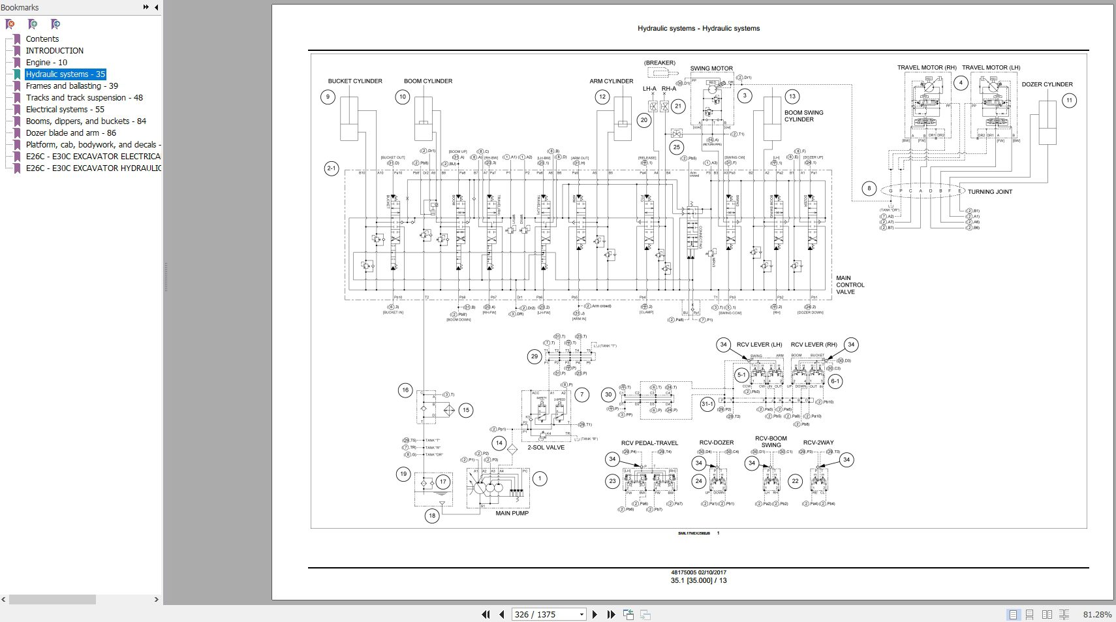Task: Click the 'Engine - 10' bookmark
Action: click(x=46, y=63)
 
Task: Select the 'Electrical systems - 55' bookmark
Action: click(x=65, y=110)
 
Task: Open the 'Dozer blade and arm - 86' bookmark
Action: click(x=70, y=133)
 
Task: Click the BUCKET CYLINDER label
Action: click(x=355, y=82)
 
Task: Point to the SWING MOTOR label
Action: click(x=711, y=69)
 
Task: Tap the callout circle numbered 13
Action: click(x=792, y=97)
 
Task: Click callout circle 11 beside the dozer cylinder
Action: click(x=1069, y=101)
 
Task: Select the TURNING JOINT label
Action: click(x=990, y=192)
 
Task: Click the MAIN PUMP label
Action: click(x=512, y=514)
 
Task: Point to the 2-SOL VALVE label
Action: click(x=546, y=448)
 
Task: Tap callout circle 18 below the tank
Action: click(x=432, y=516)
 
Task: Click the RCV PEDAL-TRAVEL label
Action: click(x=649, y=443)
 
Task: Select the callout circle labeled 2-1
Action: click(x=332, y=169)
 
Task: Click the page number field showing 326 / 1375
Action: click(x=547, y=614)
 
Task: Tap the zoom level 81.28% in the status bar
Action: click(x=1097, y=614)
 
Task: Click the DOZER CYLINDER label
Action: click(x=1047, y=85)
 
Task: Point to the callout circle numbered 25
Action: click(x=676, y=148)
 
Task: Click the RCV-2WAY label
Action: click(x=818, y=443)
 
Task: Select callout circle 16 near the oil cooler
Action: click(x=405, y=390)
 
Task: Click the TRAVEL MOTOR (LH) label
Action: click(x=991, y=68)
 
